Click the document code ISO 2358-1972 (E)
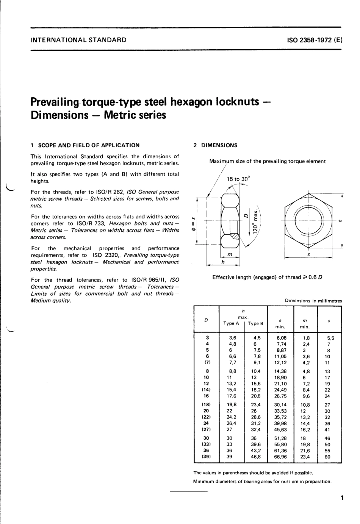(x=315, y=39)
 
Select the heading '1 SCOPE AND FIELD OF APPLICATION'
(x=85, y=145)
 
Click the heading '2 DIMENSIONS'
(x=215, y=145)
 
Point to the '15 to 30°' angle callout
(x=238, y=179)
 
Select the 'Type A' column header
(x=231, y=323)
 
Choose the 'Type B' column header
(x=256, y=323)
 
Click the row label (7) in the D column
(x=207, y=362)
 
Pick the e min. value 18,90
(x=280, y=377)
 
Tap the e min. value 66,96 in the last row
(x=280, y=457)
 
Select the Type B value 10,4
(x=257, y=371)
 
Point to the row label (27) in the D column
(x=207, y=429)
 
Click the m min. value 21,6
(x=305, y=451)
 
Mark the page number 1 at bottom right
(x=342, y=498)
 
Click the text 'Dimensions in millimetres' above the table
(x=313, y=301)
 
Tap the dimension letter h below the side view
(x=223, y=262)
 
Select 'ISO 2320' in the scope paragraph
(x=105, y=255)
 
